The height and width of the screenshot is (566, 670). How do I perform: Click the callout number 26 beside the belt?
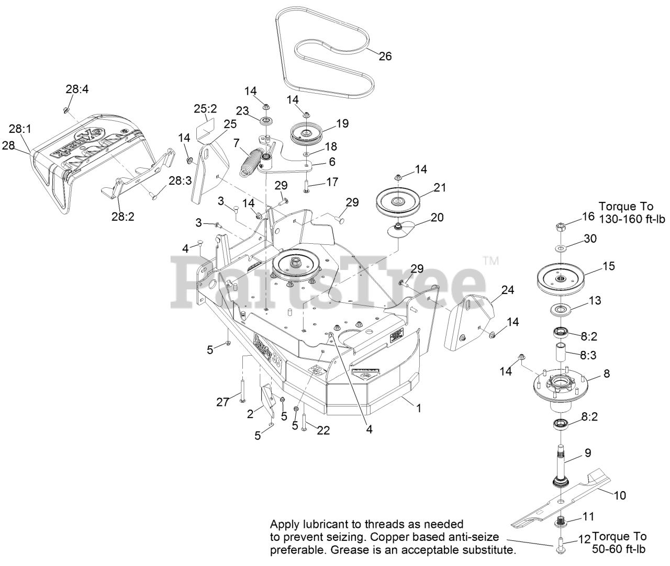[385, 56]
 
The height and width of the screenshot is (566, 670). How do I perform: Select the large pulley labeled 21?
[398, 201]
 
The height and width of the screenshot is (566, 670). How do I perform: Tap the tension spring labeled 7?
[253, 163]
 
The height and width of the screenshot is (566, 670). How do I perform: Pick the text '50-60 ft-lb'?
[619, 549]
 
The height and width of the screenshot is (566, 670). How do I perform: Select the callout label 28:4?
[77, 89]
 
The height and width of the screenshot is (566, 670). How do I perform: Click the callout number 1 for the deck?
[418, 407]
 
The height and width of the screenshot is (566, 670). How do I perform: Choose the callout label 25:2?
[205, 109]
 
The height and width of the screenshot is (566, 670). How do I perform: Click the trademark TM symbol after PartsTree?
[490, 260]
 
